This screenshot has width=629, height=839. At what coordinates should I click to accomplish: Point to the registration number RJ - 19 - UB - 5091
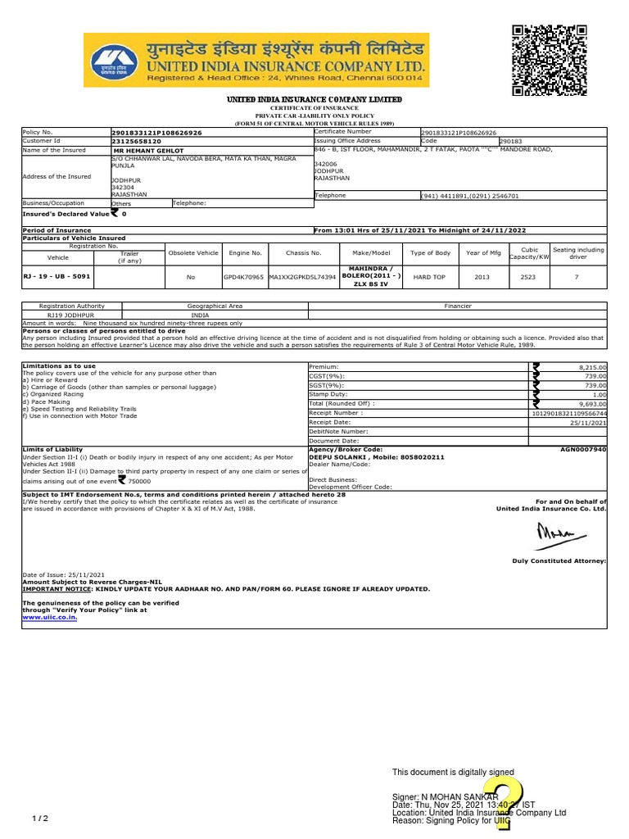click(57, 277)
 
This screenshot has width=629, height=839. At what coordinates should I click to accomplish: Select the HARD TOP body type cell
click(429, 277)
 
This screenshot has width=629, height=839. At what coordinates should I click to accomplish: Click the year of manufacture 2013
click(482, 277)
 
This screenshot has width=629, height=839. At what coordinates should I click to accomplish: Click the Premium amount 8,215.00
click(591, 367)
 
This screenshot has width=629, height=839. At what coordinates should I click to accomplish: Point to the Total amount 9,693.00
click(591, 404)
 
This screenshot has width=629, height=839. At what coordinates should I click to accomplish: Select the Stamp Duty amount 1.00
click(599, 394)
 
